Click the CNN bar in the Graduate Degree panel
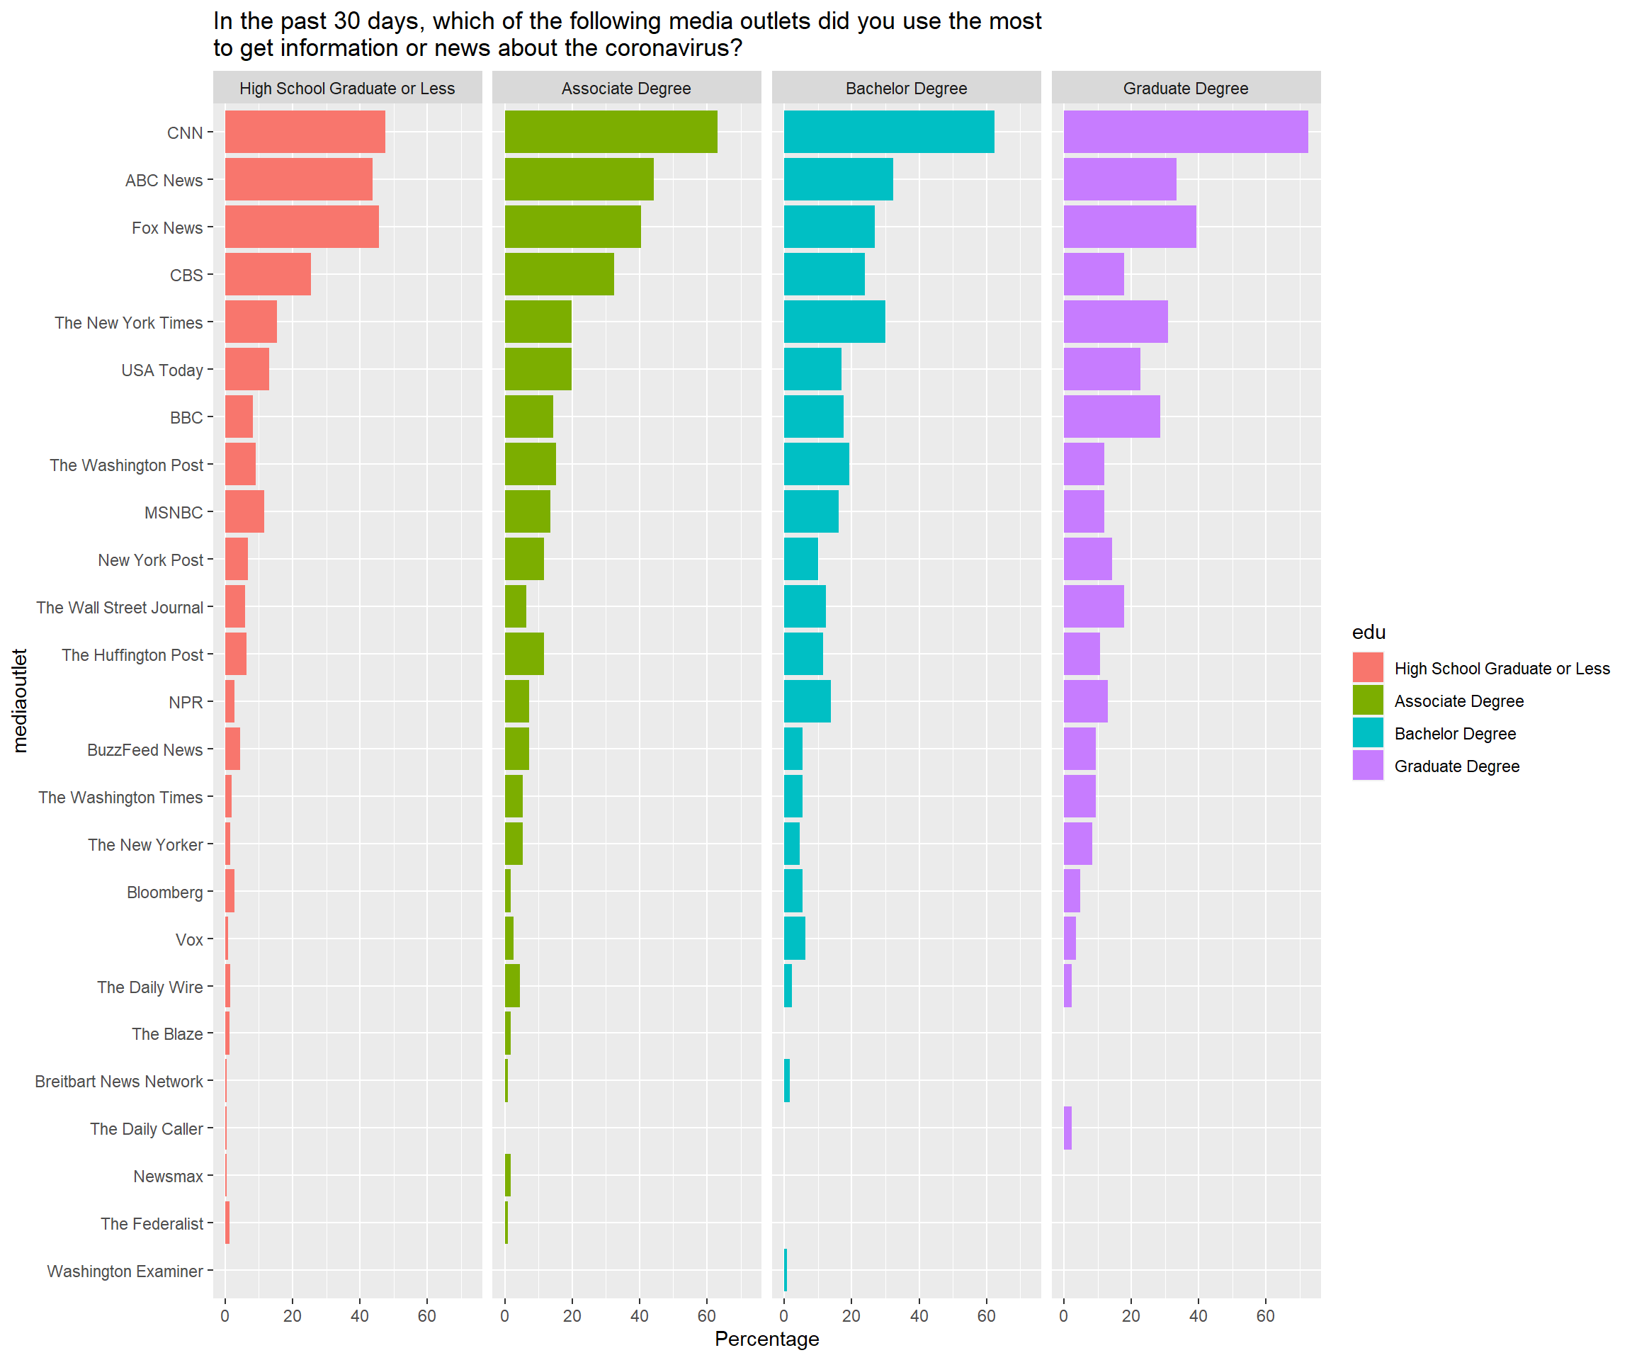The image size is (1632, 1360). coord(1185,132)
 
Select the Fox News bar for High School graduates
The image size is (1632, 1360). coord(302,227)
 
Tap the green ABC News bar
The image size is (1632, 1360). coord(579,179)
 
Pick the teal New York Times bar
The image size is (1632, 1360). coord(834,322)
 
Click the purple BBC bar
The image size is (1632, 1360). coord(1111,416)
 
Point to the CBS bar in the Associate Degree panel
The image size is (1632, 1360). coord(559,274)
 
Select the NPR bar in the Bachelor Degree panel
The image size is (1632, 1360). coord(807,701)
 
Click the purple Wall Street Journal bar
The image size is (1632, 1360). coord(1094,606)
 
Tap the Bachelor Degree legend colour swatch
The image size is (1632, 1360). coord(1367,733)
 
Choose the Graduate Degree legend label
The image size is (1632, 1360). coord(1456,766)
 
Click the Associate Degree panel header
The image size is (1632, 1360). coord(626,89)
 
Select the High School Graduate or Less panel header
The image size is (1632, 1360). coord(346,89)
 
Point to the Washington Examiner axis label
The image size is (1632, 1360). coord(125,1271)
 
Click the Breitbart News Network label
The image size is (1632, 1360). coord(118,1081)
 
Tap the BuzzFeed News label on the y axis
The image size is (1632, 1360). coord(144,750)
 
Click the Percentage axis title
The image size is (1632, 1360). coord(766,1339)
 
